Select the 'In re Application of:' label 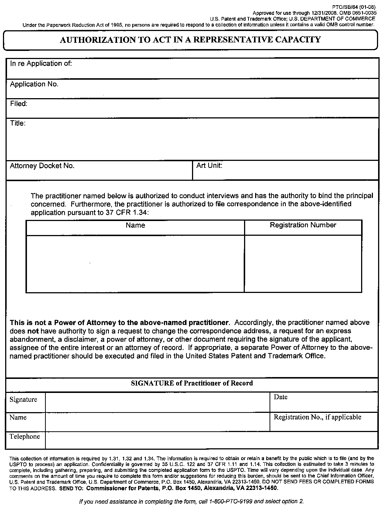(x=41, y=63)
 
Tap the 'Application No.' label (x=34, y=84)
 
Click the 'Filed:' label (x=18, y=104)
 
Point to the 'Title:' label (x=17, y=123)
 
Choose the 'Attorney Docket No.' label (x=42, y=166)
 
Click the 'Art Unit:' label (x=209, y=165)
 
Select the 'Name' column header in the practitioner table (x=135, y=225)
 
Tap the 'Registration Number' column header (x=303, y=225)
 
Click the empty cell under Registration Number (x=303, y=263)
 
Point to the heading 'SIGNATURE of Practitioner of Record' (x=192, y=383)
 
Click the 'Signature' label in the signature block (x=23, y=400)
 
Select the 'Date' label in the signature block (x=280, y=397)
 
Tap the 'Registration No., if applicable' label (x=317, y=417)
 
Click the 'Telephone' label (x=24, y=436)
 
